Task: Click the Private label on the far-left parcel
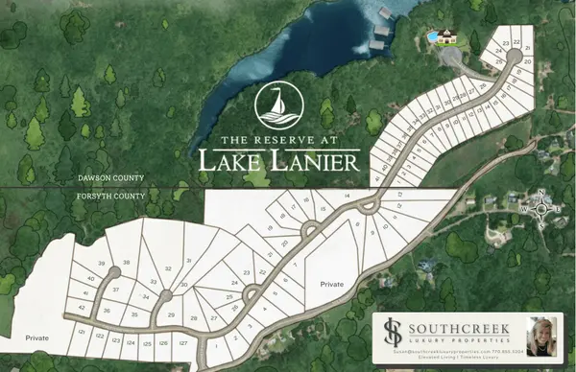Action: tap(37, 337)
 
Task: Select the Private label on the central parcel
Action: tap(331, 284)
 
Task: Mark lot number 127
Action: tap(182, 342)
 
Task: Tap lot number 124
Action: tap(132, 340)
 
